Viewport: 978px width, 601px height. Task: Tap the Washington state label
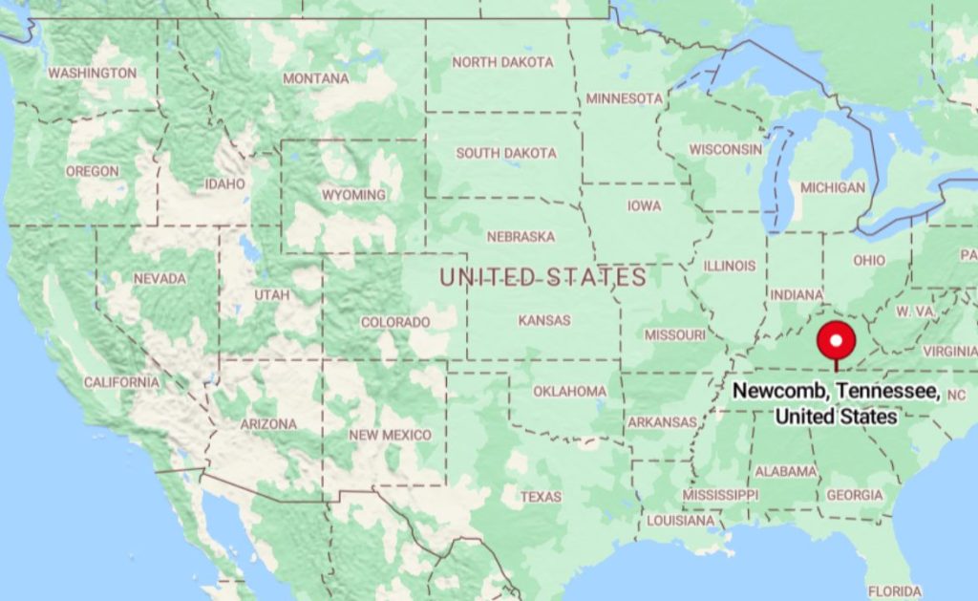coord(93,73)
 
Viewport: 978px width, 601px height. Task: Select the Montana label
coord(315,78)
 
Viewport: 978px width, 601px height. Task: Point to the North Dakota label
coord(502,62)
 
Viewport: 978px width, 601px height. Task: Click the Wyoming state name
coord(353,195)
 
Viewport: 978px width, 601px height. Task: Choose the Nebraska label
coord(521,236)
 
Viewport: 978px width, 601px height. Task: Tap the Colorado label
coord(394,322)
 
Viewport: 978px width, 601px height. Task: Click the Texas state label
coord(542,497)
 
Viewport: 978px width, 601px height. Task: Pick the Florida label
coord(895,590)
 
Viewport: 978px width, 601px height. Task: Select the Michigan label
coord(833,187)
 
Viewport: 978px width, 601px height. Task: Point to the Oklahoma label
coord(569,391)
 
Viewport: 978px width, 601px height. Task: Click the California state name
coord(121,382)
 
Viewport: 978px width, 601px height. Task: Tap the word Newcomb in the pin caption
coord(771,392)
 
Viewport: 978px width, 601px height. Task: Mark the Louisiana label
coord(680,521)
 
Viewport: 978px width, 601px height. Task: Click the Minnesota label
coord(624,98)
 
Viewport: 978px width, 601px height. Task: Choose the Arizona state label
coord(268,423)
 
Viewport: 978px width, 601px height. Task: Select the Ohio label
coord(869,260)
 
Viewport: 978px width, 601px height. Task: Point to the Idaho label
coord(225,183)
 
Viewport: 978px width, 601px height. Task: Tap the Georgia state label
coord(855,495)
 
